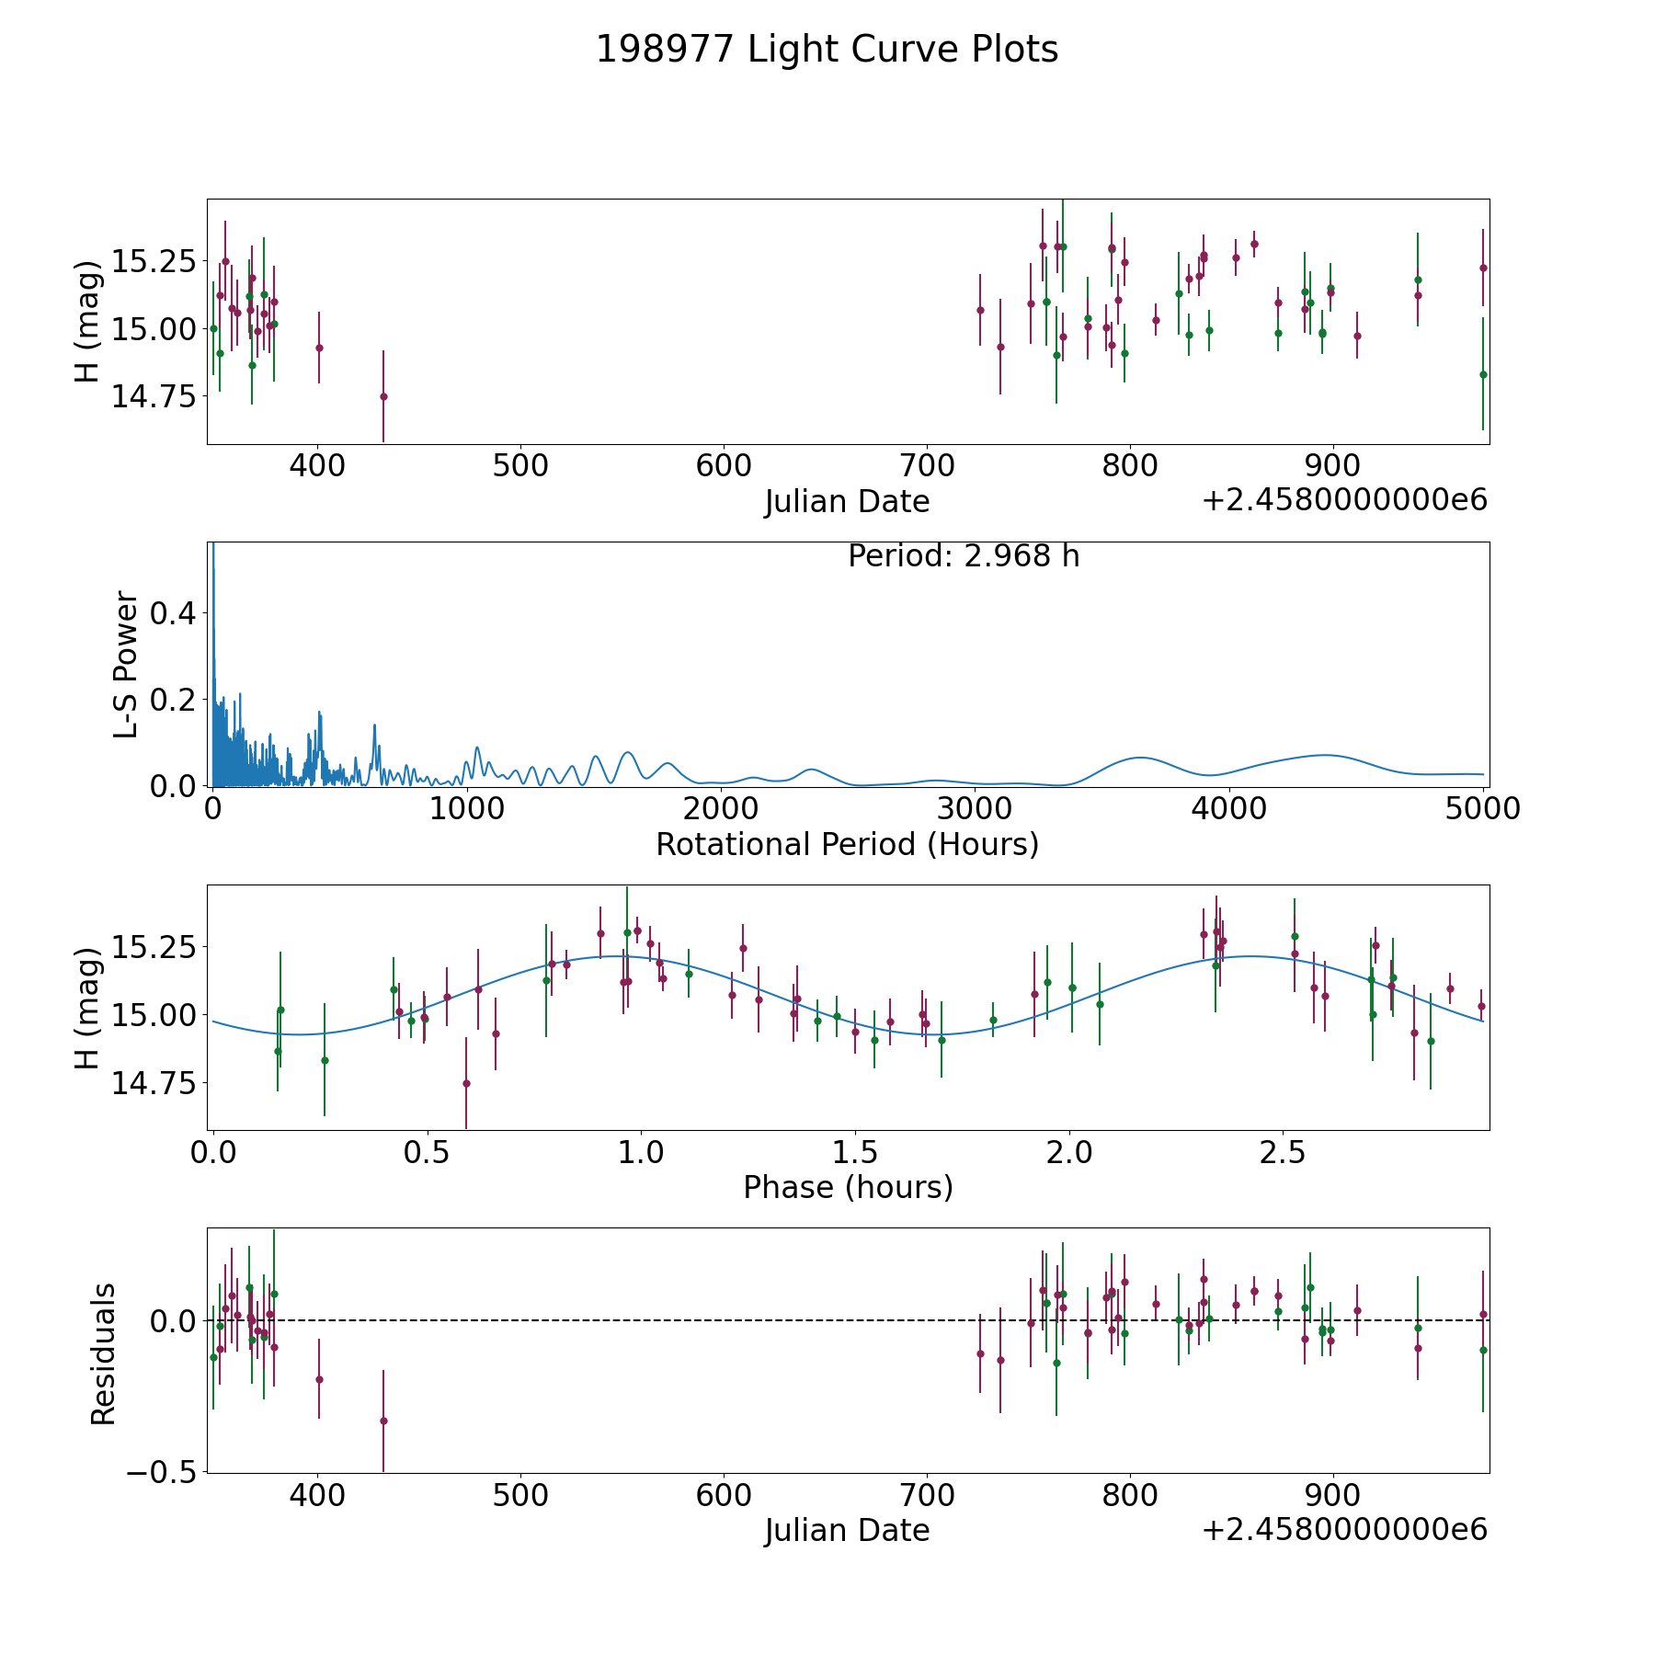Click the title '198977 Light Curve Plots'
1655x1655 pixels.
pyautogui.click(x=827, y=50)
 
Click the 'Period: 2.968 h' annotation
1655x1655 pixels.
pyautogui.click(x=964, y=556)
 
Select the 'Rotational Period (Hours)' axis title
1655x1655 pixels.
pyautogui.click(x=847, y=844)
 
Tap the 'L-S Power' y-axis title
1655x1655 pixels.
pyautogui.click(x=126, y=664)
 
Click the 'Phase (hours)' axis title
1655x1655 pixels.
pyautogui.click(x=848, y=1187)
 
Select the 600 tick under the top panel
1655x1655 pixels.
pyautogui.click(x=724, y=465)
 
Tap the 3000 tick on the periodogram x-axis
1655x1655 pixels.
pyautogui.click(x=975, y=808)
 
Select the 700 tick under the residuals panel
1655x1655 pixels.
pyautogui.click(x=927, y=1494)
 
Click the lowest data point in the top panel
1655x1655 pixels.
pyautogui.click(x=383, y=396)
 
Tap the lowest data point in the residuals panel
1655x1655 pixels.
pyautogui.click(x=383, y=1421)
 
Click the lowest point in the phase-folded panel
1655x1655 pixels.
pyautogui.click(x=466, y=1083)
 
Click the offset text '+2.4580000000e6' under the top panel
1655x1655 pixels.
pyautogui.click(x=1344, y=500)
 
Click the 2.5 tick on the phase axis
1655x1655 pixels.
pyautogui.click(x=1283, y=1151)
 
